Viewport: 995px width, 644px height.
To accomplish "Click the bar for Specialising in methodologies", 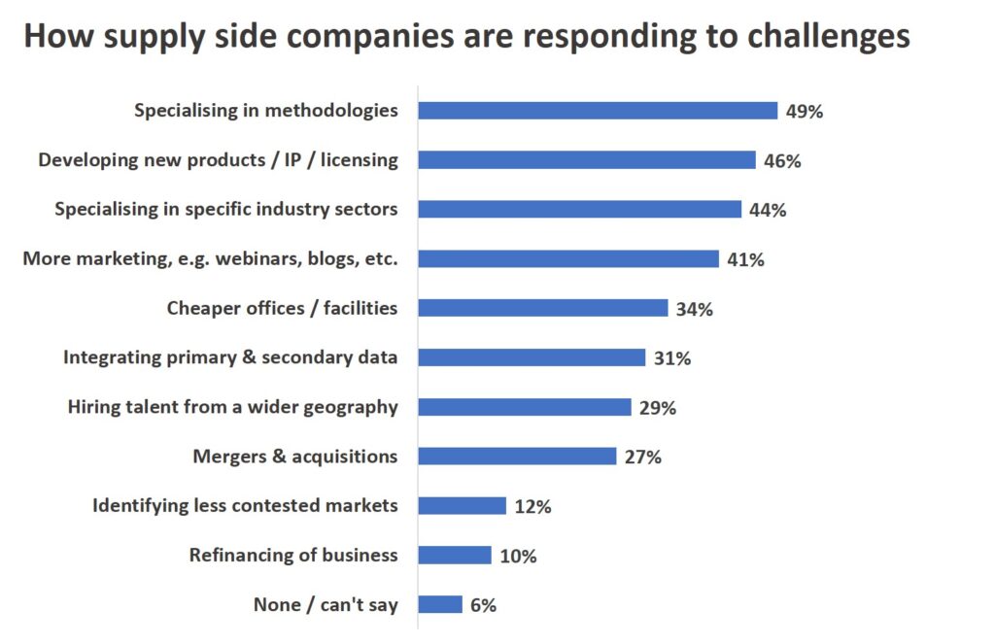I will [x=598, y=111].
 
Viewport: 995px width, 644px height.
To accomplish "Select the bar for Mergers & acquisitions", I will [x=517, y=457].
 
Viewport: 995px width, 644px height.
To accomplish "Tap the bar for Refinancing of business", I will [x=455, y=556].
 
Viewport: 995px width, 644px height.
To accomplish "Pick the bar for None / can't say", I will [x=440, y=605].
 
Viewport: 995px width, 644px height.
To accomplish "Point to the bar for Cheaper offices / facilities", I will [x=543, y=309].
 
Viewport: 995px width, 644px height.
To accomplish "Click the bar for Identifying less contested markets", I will [x=463, y=506].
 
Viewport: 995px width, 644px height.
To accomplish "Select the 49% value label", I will [x=804, y=112].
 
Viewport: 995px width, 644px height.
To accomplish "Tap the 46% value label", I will [x=781, y=161].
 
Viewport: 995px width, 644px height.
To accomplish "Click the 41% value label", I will [x=744, y=259].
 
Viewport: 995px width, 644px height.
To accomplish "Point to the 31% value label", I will [x=671, y=358].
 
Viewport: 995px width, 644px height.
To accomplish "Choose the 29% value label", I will [x=657, y=408].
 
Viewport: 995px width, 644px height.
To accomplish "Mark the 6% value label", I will [x=482, y=605].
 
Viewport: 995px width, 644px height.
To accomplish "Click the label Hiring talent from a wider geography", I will [x=232, y=407].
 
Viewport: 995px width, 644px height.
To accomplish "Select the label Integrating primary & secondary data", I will [x=230, y=357].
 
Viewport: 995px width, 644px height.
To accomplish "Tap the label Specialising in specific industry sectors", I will [x=225, y=209].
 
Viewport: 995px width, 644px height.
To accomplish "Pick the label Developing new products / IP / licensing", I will [x=218, y=160].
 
